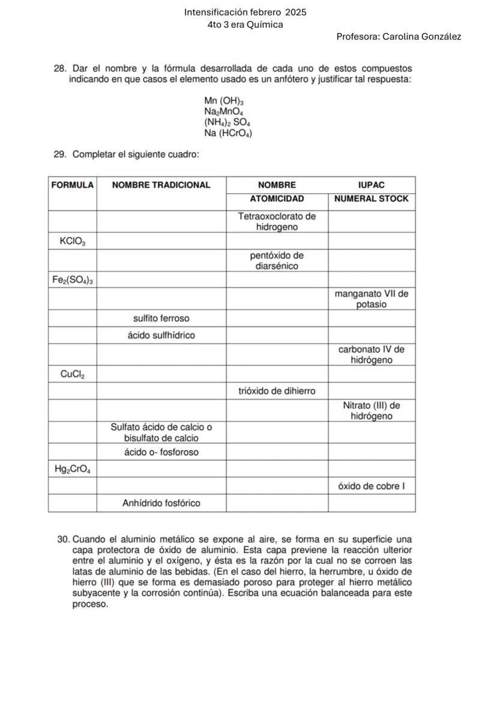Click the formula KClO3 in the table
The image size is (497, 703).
coord(72,242)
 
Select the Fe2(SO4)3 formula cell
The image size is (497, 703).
coord(72,279)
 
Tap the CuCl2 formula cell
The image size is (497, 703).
coord(72,375)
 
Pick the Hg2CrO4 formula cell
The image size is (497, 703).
coord(72,469)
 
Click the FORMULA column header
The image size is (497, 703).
coord(73,185)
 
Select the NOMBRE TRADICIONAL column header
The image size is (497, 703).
coord(161,185)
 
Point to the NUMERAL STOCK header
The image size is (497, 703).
coord(371,199)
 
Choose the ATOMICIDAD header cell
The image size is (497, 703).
coord(277,199)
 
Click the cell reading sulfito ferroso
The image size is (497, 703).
coord(161,318)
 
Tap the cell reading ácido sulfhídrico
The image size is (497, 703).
coord(161,335)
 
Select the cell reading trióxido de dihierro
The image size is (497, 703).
coord(277,391)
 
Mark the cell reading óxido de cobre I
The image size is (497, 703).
coord(371,486)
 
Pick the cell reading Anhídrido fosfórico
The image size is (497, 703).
coord(161,503)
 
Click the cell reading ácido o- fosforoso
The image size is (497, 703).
coord(161,452)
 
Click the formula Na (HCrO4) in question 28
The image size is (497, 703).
coord(227,133)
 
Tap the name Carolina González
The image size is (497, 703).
coord(422,37)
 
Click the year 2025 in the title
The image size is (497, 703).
coord(295,12)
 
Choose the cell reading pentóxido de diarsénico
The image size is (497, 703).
coord(277,261)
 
